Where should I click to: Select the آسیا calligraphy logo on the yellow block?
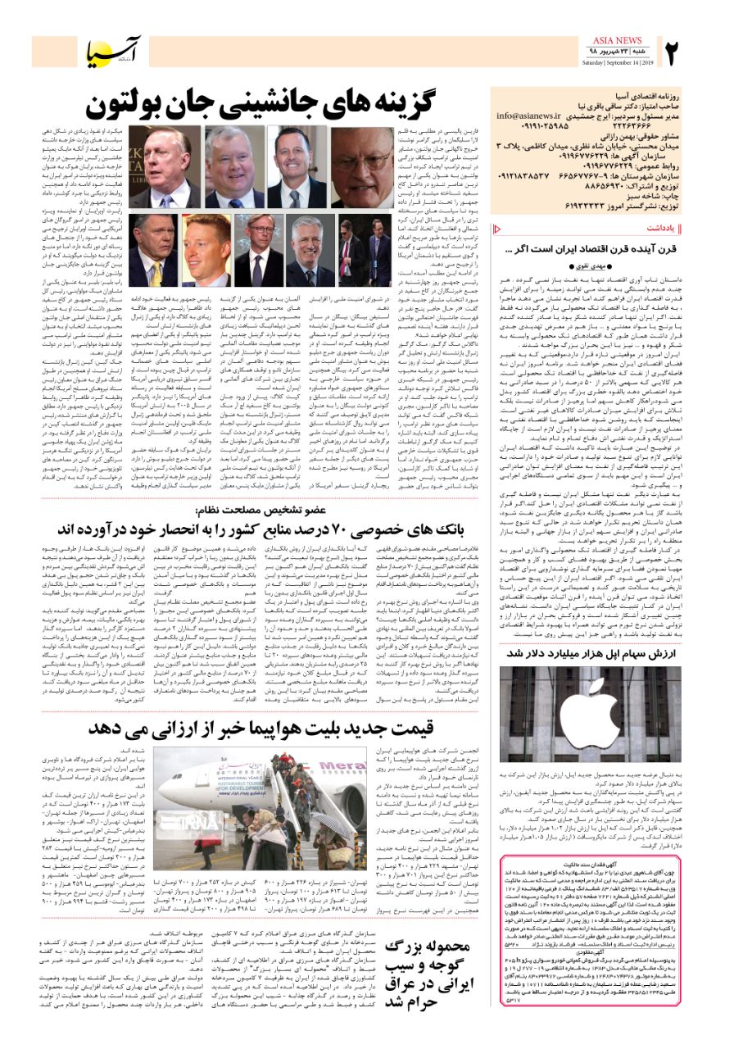[118, 52]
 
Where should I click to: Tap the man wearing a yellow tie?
[153, 251]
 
